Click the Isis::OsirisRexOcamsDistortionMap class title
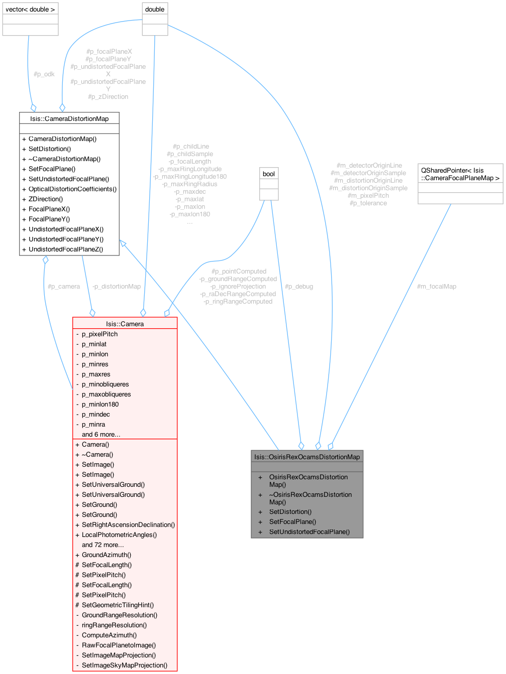(x=307, y=457)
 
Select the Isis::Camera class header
(x=125, y=324)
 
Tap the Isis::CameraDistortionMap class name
(x=69, y=118)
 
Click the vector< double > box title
(x=30, y=10)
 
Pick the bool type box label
(x=269, y=174)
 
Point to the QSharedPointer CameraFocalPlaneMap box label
(x=460, y=174)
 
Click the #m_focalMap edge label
(x=436, y=287)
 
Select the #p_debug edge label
(x=298, y=287)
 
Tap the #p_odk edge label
(x=44, y=74)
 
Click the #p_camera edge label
(x=64, y=287)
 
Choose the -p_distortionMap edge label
(x=117, y=287)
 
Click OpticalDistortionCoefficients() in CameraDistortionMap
(x=72, y=189)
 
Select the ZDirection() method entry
(x=46, y=199)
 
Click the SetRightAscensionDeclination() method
(x=128, y=525)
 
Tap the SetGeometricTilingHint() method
(x=118, y=605)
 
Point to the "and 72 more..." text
(x=103, y=545)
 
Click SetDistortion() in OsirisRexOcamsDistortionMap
(x=290, y=512)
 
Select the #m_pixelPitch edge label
(x=368, y=196)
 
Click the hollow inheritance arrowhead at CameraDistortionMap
(x=123, y=243)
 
